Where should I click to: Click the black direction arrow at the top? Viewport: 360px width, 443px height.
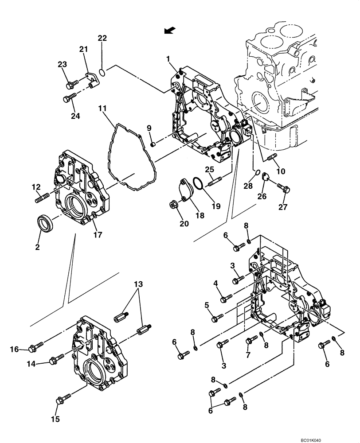coord(169,30)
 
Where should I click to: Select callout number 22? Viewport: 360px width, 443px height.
coord(102,39)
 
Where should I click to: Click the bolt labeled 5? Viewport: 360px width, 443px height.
coord(218,318)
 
